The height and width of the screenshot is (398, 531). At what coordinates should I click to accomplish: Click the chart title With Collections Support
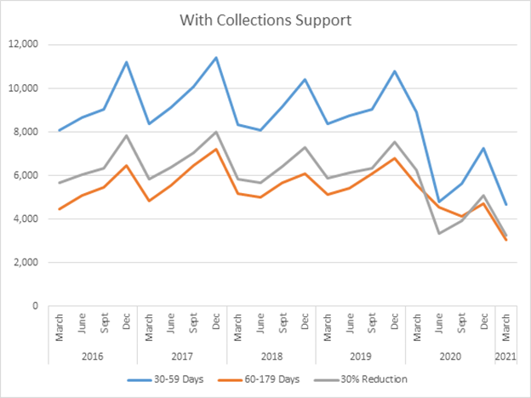tap(265, 19)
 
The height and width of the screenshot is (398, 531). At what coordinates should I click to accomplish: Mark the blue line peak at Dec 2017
tap(215, 58)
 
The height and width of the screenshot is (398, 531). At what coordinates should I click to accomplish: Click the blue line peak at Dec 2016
tap(127, 62)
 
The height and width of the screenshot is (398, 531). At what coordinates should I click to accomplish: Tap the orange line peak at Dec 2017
tap(215, 150)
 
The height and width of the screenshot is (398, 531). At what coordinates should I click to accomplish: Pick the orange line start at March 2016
tap(60, 209)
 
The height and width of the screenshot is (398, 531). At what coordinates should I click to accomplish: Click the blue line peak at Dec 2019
tap(392, 71)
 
